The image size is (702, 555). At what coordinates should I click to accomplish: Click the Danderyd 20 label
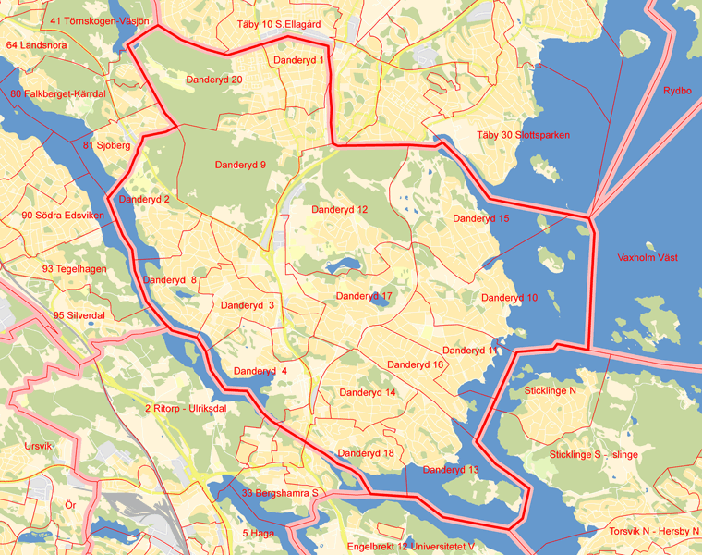coord(214,80)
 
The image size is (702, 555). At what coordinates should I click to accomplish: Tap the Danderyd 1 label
coord(298,61)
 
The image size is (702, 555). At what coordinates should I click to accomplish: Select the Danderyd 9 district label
coord(240,165)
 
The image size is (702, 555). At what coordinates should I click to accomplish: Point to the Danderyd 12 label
coord(339,210)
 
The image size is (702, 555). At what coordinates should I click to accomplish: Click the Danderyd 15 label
coord(480,219)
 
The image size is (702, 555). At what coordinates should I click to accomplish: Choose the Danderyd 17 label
coord(364,296)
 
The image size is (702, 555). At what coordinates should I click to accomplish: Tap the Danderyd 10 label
coord(509,298)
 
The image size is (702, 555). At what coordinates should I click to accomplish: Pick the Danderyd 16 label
coord(416,364)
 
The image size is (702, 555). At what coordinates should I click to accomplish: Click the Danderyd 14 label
coord(368,393)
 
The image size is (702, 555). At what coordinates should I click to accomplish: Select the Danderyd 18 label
coord(366,453)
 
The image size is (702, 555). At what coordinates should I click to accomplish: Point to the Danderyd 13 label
coord(451,470)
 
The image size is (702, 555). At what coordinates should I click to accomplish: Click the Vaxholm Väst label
coord(647,258)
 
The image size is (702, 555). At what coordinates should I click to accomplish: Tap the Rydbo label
coord(677,91)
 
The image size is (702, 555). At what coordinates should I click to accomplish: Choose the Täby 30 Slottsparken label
coord(523,135)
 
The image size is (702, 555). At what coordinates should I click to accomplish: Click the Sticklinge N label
coord(551,391)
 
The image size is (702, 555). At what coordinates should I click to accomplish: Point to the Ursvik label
coord(39,446)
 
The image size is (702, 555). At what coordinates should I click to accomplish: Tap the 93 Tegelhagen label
coord(74,269)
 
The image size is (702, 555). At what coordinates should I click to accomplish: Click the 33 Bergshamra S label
coord(280,493)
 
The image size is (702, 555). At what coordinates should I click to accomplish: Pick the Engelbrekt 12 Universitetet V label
coord(411,547)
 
